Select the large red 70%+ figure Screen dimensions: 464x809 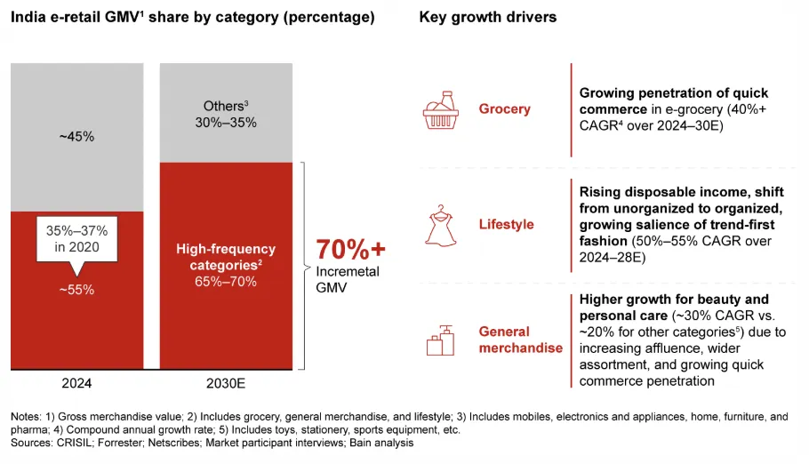pyautogui.click(x=351, y=248)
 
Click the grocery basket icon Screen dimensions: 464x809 pyautogui.click(x=441, y=109)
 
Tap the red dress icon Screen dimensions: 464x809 pyautogui.click(x=441, y=224)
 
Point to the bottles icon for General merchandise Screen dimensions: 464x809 pyautogui.click(x=441, y=340)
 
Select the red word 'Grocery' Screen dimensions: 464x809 pyautogui.click(x=504, y=109)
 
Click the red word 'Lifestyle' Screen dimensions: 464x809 pyautogui.click(x=506, y=224)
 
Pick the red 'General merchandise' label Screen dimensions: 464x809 pyautogui.click(x=520, y=340)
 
